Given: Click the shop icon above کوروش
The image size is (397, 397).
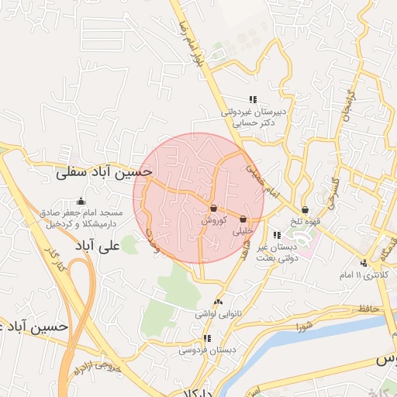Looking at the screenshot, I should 213,209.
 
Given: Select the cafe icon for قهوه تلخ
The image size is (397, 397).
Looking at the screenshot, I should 305,209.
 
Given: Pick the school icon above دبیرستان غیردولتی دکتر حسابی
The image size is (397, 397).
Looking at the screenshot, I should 252,99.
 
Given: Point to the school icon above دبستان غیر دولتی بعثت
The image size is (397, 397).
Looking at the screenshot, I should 277,234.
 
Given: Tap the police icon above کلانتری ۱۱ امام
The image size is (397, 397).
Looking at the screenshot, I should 364,263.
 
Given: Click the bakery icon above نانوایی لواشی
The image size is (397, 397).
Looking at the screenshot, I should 218,302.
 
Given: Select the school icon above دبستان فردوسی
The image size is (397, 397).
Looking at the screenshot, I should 207,338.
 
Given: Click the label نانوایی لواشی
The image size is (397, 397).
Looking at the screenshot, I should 217,314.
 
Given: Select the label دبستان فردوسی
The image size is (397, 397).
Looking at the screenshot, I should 206,350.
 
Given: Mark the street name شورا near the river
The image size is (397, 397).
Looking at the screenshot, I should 303,325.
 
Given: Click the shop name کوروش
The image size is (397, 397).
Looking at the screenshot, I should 213,220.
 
